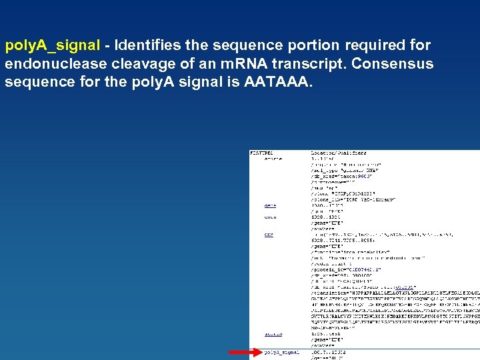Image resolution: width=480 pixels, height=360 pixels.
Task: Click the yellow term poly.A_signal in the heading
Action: [x=53, y=46]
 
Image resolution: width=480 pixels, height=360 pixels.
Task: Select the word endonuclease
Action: [x=53, y=64]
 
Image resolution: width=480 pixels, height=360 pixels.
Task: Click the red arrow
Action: [x=240, y=351]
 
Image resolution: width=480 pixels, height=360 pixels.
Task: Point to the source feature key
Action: [x=273, y=159]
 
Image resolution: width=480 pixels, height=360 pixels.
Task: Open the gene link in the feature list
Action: [x=270, y=205]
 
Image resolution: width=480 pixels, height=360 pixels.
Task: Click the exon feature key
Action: [x=270, y=217]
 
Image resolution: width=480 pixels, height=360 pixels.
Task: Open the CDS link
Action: [x=269, y=235]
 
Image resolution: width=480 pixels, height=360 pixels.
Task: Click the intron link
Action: [x=273, y=334]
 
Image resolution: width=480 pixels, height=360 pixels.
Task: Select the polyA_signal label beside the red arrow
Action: [x=282, y=352]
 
